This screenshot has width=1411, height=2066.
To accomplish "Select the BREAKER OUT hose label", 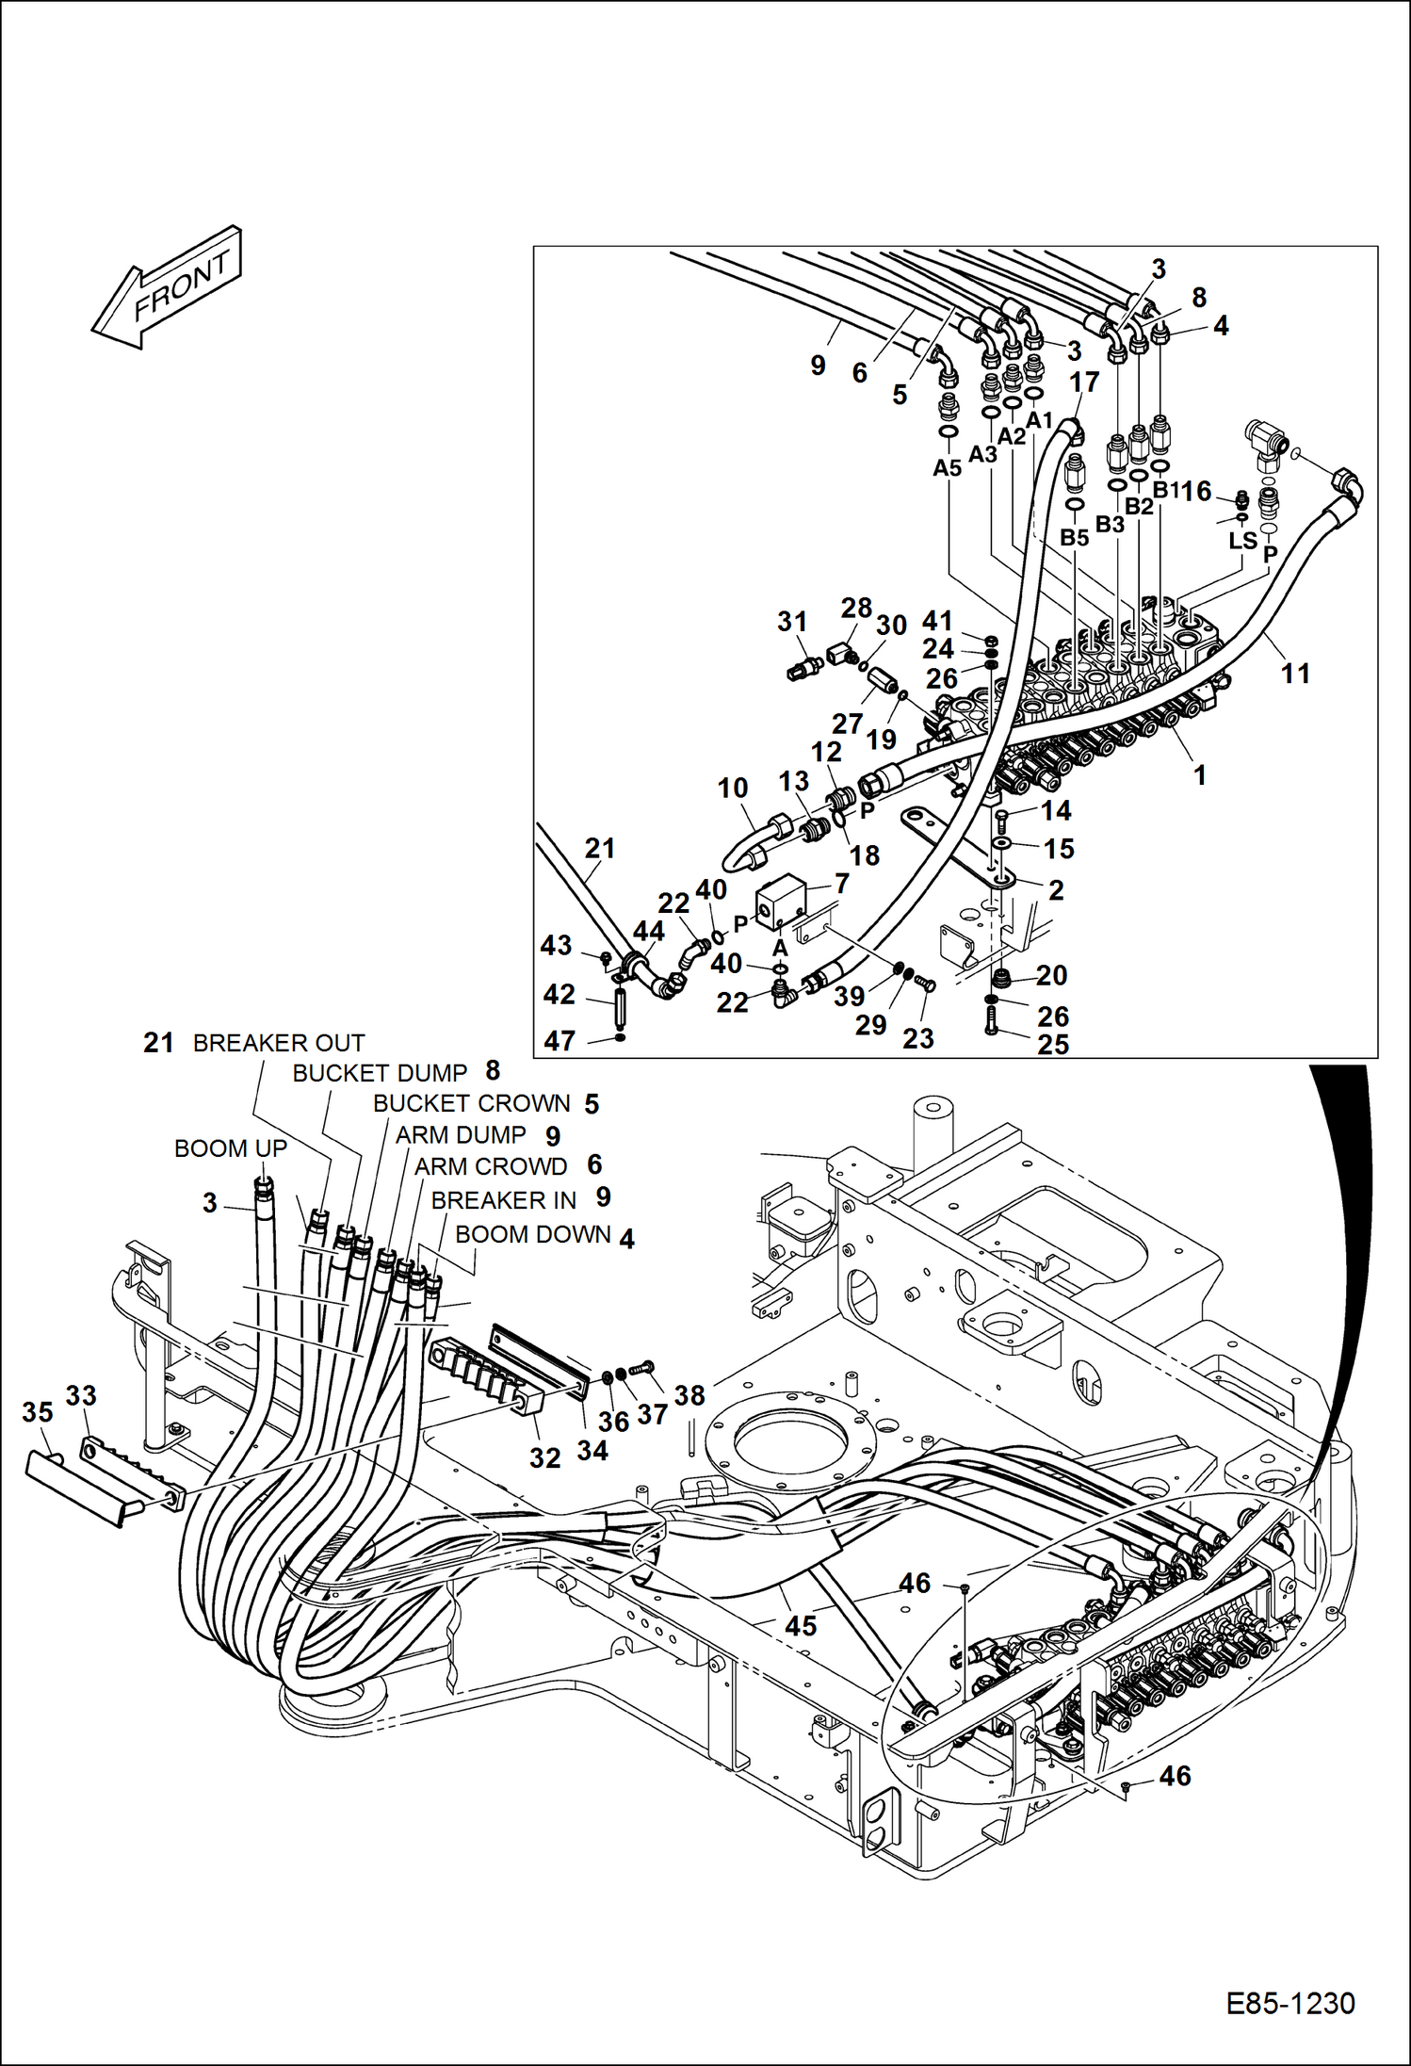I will click(x=278, y=1043).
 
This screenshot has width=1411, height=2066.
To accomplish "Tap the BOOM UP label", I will click(x=230, y=1148).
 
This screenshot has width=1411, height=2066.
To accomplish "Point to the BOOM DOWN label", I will click(x=533, y=1234).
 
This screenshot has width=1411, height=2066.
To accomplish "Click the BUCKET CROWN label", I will click(x=471, y=1103).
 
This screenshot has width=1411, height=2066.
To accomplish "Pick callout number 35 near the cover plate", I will click(x=37, y=1412).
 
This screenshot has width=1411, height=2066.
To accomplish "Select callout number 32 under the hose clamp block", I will click(x=544, y=1457).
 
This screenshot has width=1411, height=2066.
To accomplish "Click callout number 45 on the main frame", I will click(x=801, y=1626).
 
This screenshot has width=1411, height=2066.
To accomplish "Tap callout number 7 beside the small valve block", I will click(x=841, y=883).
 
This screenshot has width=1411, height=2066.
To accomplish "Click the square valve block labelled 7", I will click(x=781, y=903).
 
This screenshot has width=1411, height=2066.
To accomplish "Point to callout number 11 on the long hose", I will click(x=1295, y=674).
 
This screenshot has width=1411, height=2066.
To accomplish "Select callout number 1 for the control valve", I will click(x=1199, y=775).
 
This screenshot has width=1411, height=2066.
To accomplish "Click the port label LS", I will click(x=1242, y=540).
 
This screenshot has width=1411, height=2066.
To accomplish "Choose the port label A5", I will click(x=947, y=468).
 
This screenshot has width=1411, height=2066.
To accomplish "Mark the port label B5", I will click(x=1074, y=537).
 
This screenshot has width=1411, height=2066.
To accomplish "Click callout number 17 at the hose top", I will click(x=1084, y=382).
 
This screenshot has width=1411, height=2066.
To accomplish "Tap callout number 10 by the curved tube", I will click(x=733, y=788).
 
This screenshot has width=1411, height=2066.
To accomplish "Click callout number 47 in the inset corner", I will click(x=560, y=1040).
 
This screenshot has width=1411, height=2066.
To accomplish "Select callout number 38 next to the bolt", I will click(x=689, y=1395).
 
